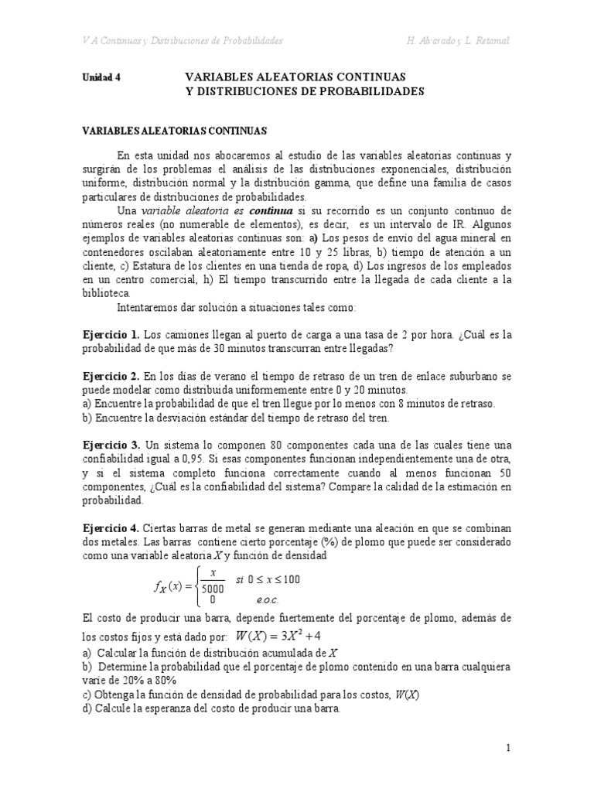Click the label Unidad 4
101,78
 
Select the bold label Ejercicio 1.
111,334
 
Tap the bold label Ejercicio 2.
111,375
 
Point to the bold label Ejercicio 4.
111,527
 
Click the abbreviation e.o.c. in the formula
266,599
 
